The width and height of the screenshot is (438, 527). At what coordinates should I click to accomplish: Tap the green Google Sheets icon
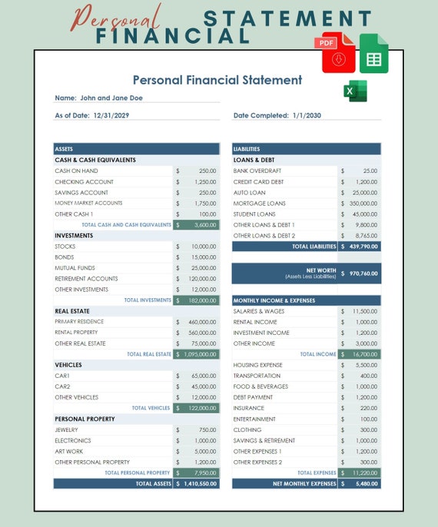[x=374, y=54]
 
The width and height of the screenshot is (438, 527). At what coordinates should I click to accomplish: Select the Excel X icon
[x=355, y=91]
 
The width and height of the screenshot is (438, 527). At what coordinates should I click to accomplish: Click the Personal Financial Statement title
[x=217, y=80]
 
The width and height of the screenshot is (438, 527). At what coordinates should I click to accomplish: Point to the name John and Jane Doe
[x=111, y=98]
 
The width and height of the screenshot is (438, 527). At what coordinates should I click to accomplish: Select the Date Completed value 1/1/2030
[x=307, y=115]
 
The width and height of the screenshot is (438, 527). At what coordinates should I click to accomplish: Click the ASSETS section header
[x=65, y=149]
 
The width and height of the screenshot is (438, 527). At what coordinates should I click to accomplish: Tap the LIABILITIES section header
[x=247, y=149]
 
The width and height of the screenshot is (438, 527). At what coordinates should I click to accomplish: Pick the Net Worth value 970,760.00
[x=363, y=273]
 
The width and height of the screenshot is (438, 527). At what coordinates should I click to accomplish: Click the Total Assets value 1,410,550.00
[x=200, y=484]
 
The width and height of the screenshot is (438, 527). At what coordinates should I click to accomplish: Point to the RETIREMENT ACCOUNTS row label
[x=86, y=279]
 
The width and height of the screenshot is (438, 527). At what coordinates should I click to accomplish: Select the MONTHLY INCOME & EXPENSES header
[x=274, y=300]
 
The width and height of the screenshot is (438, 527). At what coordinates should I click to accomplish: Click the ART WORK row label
[x=69, y=452]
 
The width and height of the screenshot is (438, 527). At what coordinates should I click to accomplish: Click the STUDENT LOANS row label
[x=254, y=214]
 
